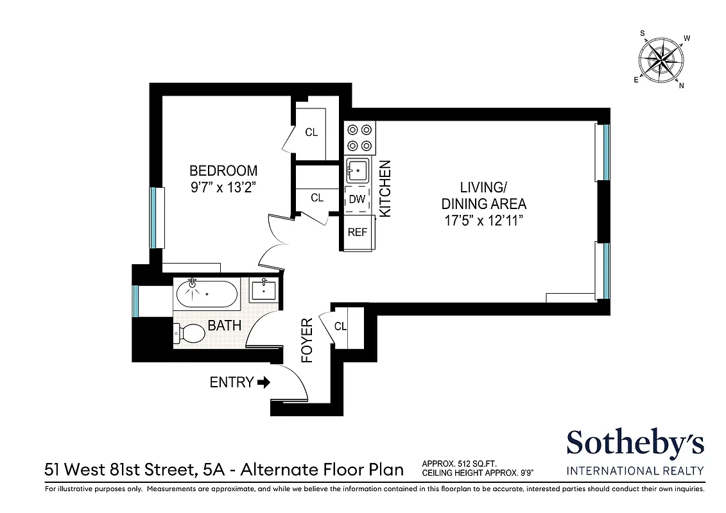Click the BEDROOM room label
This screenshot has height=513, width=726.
pos(223,171)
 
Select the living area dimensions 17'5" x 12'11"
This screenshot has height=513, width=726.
pos(483,221)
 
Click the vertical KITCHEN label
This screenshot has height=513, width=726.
pos(385,189)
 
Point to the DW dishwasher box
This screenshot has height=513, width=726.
pos(357,199)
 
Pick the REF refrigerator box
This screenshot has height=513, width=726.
pos(357,232)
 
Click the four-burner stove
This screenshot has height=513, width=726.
pos(359,137)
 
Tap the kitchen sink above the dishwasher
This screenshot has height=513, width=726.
pos(358,171)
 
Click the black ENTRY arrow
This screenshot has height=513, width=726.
pos(264,382)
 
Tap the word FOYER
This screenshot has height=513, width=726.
pos(307,341)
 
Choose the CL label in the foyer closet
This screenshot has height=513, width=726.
pos(340,326)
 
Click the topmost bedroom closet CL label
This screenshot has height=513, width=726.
pos(311,133)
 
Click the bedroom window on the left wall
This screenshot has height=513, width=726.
pos(153,217)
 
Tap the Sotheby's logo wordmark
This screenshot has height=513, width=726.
pos(634,443)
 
